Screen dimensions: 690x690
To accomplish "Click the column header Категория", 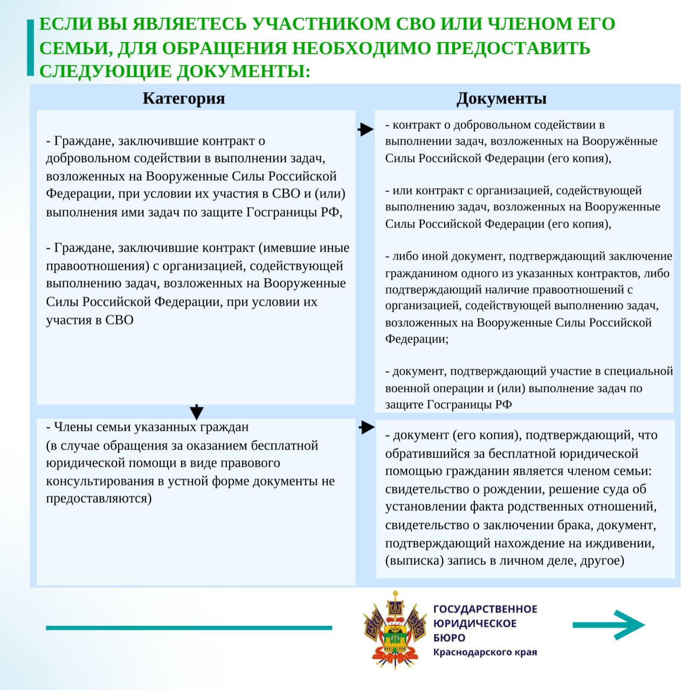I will [x=183, y=98].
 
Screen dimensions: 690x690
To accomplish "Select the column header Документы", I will [x=501, y=98].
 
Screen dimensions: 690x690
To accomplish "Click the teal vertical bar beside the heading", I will [x=30, y=47].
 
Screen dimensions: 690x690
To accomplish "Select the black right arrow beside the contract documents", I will [x=365, y=129].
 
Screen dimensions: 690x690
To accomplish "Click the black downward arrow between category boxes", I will [x=197, y=411].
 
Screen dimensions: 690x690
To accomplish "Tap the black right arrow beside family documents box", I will [x=367, y=427].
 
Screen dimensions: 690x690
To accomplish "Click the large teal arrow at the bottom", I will [x=610, y=625].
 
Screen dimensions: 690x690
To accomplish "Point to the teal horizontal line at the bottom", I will [x=189, y=627].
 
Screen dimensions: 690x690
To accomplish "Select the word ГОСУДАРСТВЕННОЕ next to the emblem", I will [x=485, y=609].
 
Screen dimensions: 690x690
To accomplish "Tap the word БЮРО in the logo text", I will [x=449, y=638].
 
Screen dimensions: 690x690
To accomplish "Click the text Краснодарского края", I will [x=485, y=652].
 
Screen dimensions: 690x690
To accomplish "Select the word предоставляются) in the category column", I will [x=99, y=498].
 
